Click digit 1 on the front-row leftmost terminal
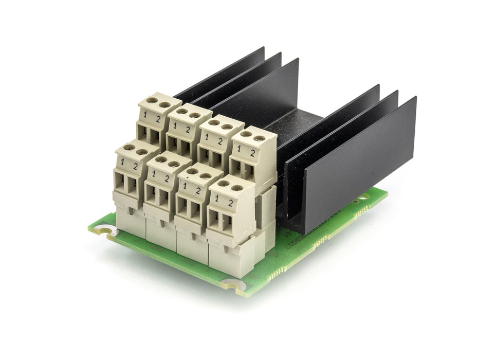(122, 162)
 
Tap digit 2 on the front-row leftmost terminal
(135, 166)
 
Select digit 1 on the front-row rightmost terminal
(217, 197)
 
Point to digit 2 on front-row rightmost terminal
(230, 203)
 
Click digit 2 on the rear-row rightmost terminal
(252, 153)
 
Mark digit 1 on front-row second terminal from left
(154, 174)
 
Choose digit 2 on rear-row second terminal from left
(188, 130)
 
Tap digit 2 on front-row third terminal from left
(198, 190)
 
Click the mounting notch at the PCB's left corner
(105, 231)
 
